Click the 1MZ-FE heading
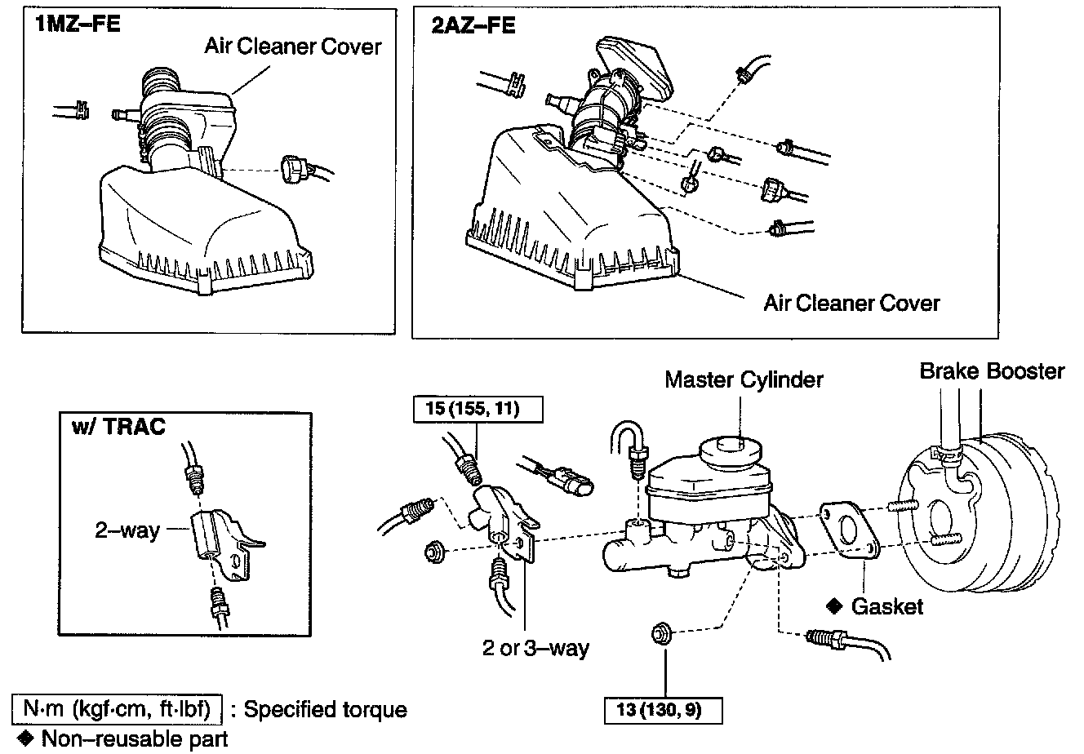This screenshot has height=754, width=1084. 77,24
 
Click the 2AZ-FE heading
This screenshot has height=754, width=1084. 473,24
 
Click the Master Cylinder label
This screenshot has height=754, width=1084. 744,379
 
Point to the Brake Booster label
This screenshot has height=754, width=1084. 992,371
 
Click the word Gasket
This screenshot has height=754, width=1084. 886,606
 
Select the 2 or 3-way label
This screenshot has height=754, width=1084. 535,649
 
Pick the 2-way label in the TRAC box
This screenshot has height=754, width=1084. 127,530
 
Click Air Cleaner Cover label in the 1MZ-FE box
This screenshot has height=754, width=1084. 292,46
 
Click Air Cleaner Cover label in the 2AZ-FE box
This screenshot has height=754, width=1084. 851,304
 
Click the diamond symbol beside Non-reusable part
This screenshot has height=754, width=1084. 25,739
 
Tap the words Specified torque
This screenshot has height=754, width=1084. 325,708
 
